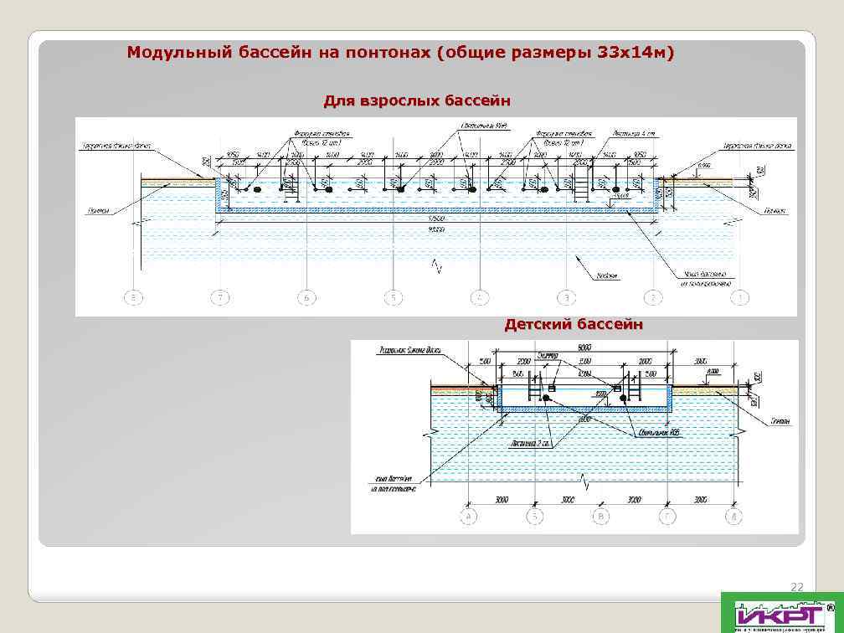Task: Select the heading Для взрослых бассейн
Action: (x=417, y=102)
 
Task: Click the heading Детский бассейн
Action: (x=574, y=325)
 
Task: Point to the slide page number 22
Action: (x=796, y=587)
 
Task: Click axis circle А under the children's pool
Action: (x=469, y=517)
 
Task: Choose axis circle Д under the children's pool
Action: (x=733, y=517)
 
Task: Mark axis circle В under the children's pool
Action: (x=601, y=517)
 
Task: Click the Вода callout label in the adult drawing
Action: (x=607, y=274)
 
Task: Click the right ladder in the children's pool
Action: (x=635, y=389)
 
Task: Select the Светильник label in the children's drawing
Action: (x=662, y=432)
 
